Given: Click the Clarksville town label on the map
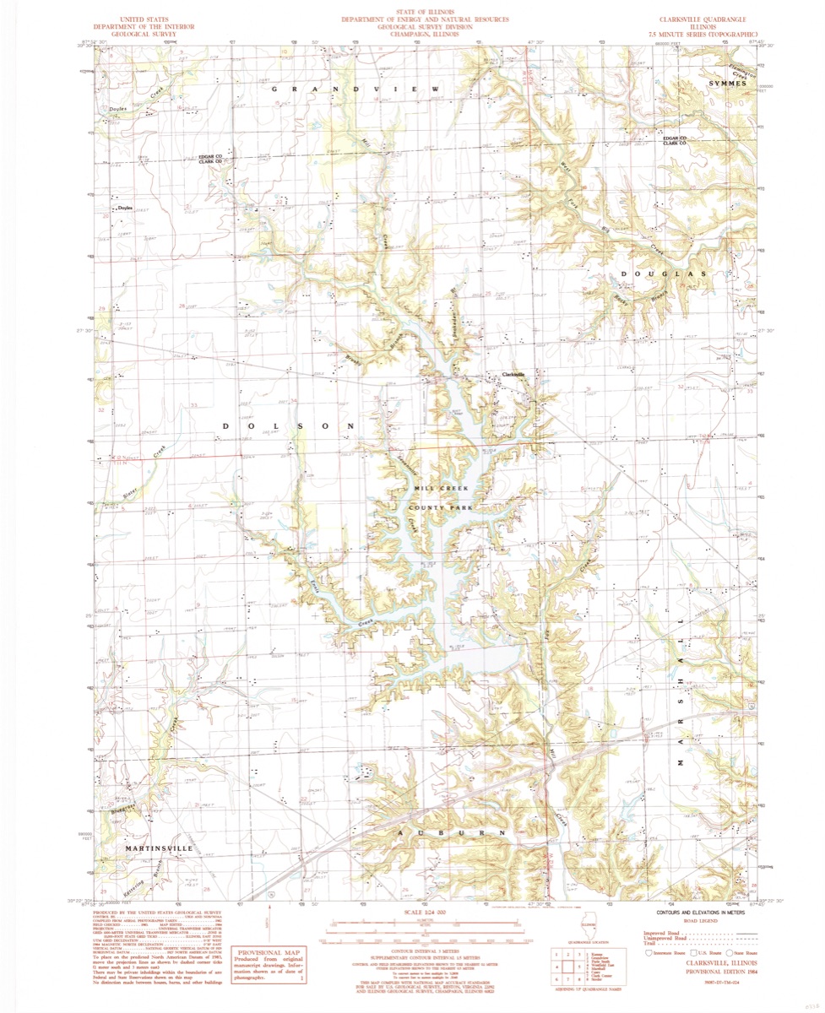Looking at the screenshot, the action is pos(513,374).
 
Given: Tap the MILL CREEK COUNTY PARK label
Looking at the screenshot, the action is pos(440,498).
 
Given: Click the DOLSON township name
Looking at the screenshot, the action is pos(288,427).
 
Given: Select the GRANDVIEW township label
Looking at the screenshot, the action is pos(355,89).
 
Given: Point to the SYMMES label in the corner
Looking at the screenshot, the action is pos(728,84).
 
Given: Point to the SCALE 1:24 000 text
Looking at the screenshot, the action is pos(424,913).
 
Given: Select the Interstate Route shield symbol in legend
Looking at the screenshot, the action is pos(649,952).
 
